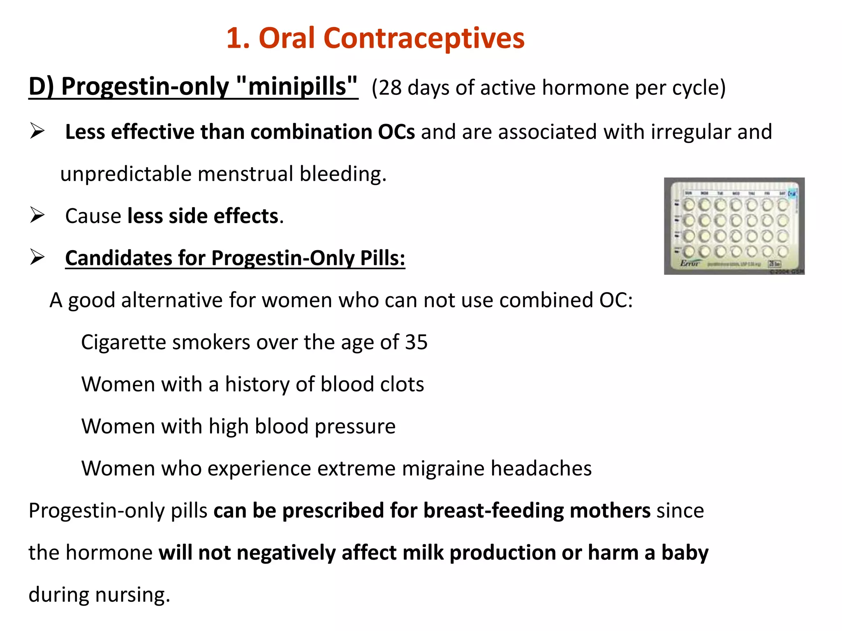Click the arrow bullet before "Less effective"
(37, 131)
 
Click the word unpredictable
(126, 174)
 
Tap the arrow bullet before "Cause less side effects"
(37, 215)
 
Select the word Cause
(93, 216)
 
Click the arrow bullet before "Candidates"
(37, 258)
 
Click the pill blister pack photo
(734, 226)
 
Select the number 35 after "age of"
(416, 342)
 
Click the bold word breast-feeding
(493, 511)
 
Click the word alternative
(172, 300)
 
